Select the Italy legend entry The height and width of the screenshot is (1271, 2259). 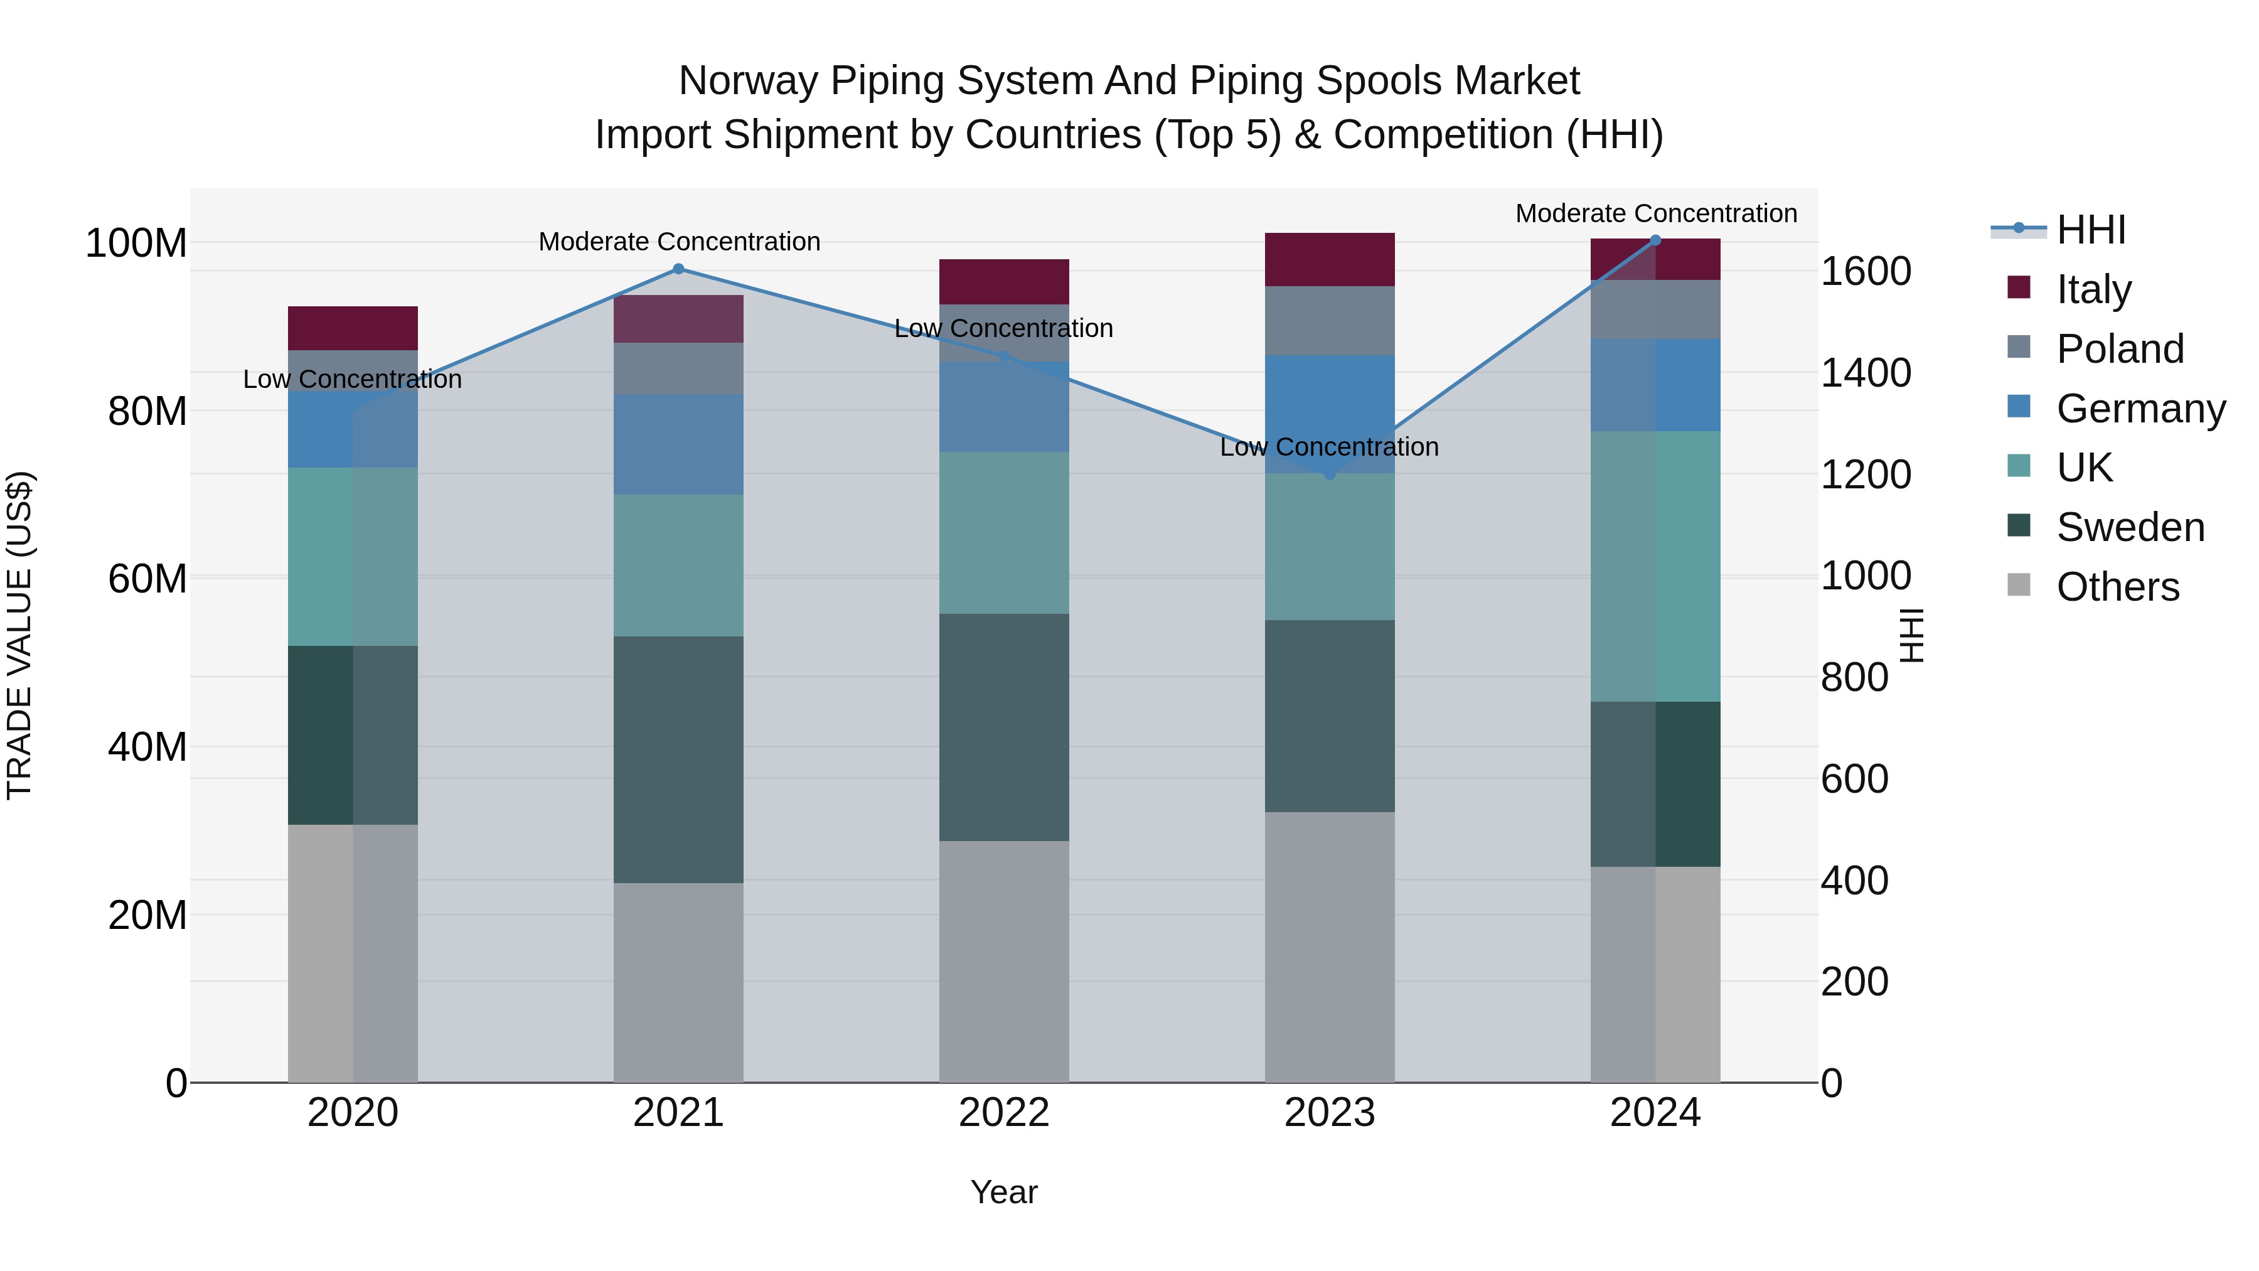[2092, 289]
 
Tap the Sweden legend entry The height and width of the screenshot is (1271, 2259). [2129, 527]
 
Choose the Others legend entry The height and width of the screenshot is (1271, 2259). [2117, 587]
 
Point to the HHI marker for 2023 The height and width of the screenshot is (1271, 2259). [1330, 475]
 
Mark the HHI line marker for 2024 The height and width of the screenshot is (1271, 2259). [1656, 240]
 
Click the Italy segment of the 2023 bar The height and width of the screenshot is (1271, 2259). [1330, 260]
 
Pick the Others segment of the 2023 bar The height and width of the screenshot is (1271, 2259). [1330, 947]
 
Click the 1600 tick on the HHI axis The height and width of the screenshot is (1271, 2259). [1866, 271]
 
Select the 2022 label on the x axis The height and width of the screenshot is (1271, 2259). [1004, 1113]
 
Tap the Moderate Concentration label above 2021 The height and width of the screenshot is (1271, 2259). [679, 242]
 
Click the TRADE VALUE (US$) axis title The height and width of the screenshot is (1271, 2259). [20, 635]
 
